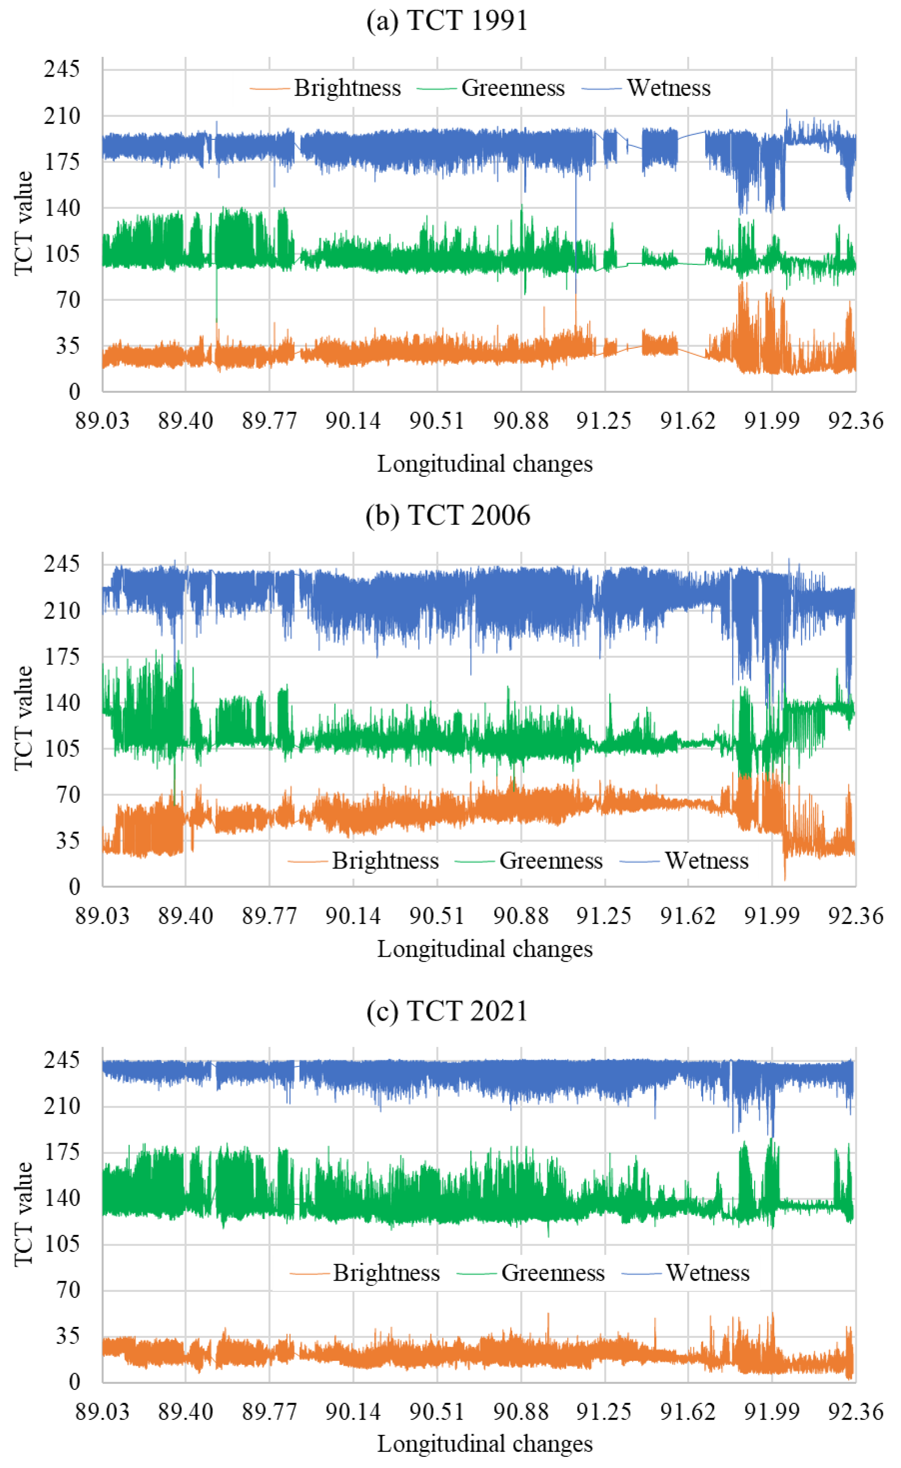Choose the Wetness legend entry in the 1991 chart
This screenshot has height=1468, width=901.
pos(669,88)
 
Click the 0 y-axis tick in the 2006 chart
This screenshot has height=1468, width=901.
pos(74,887)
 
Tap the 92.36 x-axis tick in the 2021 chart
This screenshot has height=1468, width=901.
pos(856,1411)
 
